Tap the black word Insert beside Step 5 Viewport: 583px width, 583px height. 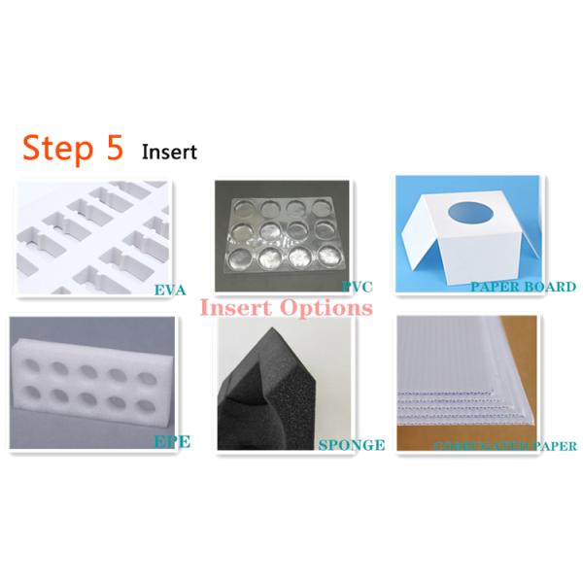tap(169, 152)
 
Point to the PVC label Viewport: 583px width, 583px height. tap(357, 287)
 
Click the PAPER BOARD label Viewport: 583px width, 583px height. tap(523, 287)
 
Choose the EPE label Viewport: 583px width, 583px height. tap(171, 441)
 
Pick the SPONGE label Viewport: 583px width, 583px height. tap(352, 445)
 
